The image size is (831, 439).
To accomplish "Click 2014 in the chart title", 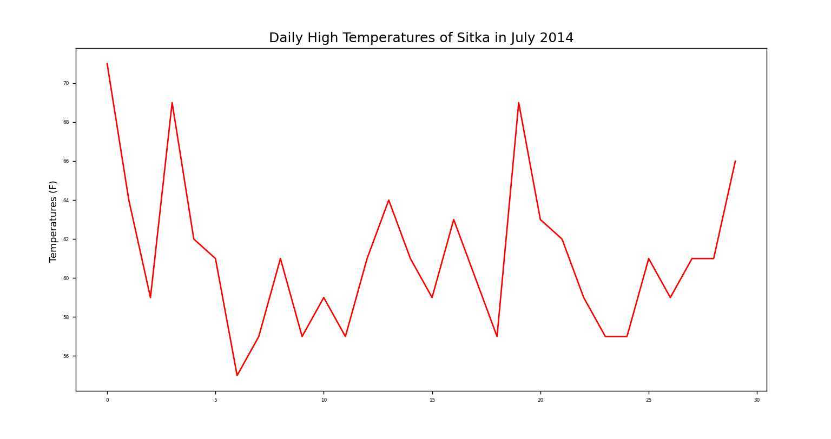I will click(x=557, y=38).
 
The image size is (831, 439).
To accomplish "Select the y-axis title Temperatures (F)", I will click(x=53, y=221).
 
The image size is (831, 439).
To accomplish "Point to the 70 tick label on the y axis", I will click(x=66, y=83).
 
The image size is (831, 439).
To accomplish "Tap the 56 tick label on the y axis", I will click(x=66, y=356).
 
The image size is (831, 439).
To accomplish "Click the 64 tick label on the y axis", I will click(x=66, y=201).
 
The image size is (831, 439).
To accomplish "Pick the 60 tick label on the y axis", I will click(x=66, y=278).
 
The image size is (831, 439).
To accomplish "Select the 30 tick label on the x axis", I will click(x=757, y=400).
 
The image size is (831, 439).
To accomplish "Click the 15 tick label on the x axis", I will click(x=432, y=400).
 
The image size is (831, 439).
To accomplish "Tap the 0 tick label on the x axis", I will click(x=107, y=400).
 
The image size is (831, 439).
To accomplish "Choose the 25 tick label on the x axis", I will click(x=649, y=400).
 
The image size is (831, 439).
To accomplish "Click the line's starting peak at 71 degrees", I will click(x=107, y=64).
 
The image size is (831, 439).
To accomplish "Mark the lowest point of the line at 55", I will click(x=237, y=375).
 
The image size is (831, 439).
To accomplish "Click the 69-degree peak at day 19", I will click(x=519, y=103).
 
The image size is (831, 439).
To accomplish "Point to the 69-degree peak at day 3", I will click(x=172, y=103).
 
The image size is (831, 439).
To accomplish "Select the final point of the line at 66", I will click(x=735, y=161).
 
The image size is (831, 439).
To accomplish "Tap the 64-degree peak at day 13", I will click(x=388, y=200).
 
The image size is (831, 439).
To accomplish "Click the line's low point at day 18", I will click(x=497, y=336).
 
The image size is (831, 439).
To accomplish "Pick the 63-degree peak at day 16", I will click(x=453, y=219).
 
